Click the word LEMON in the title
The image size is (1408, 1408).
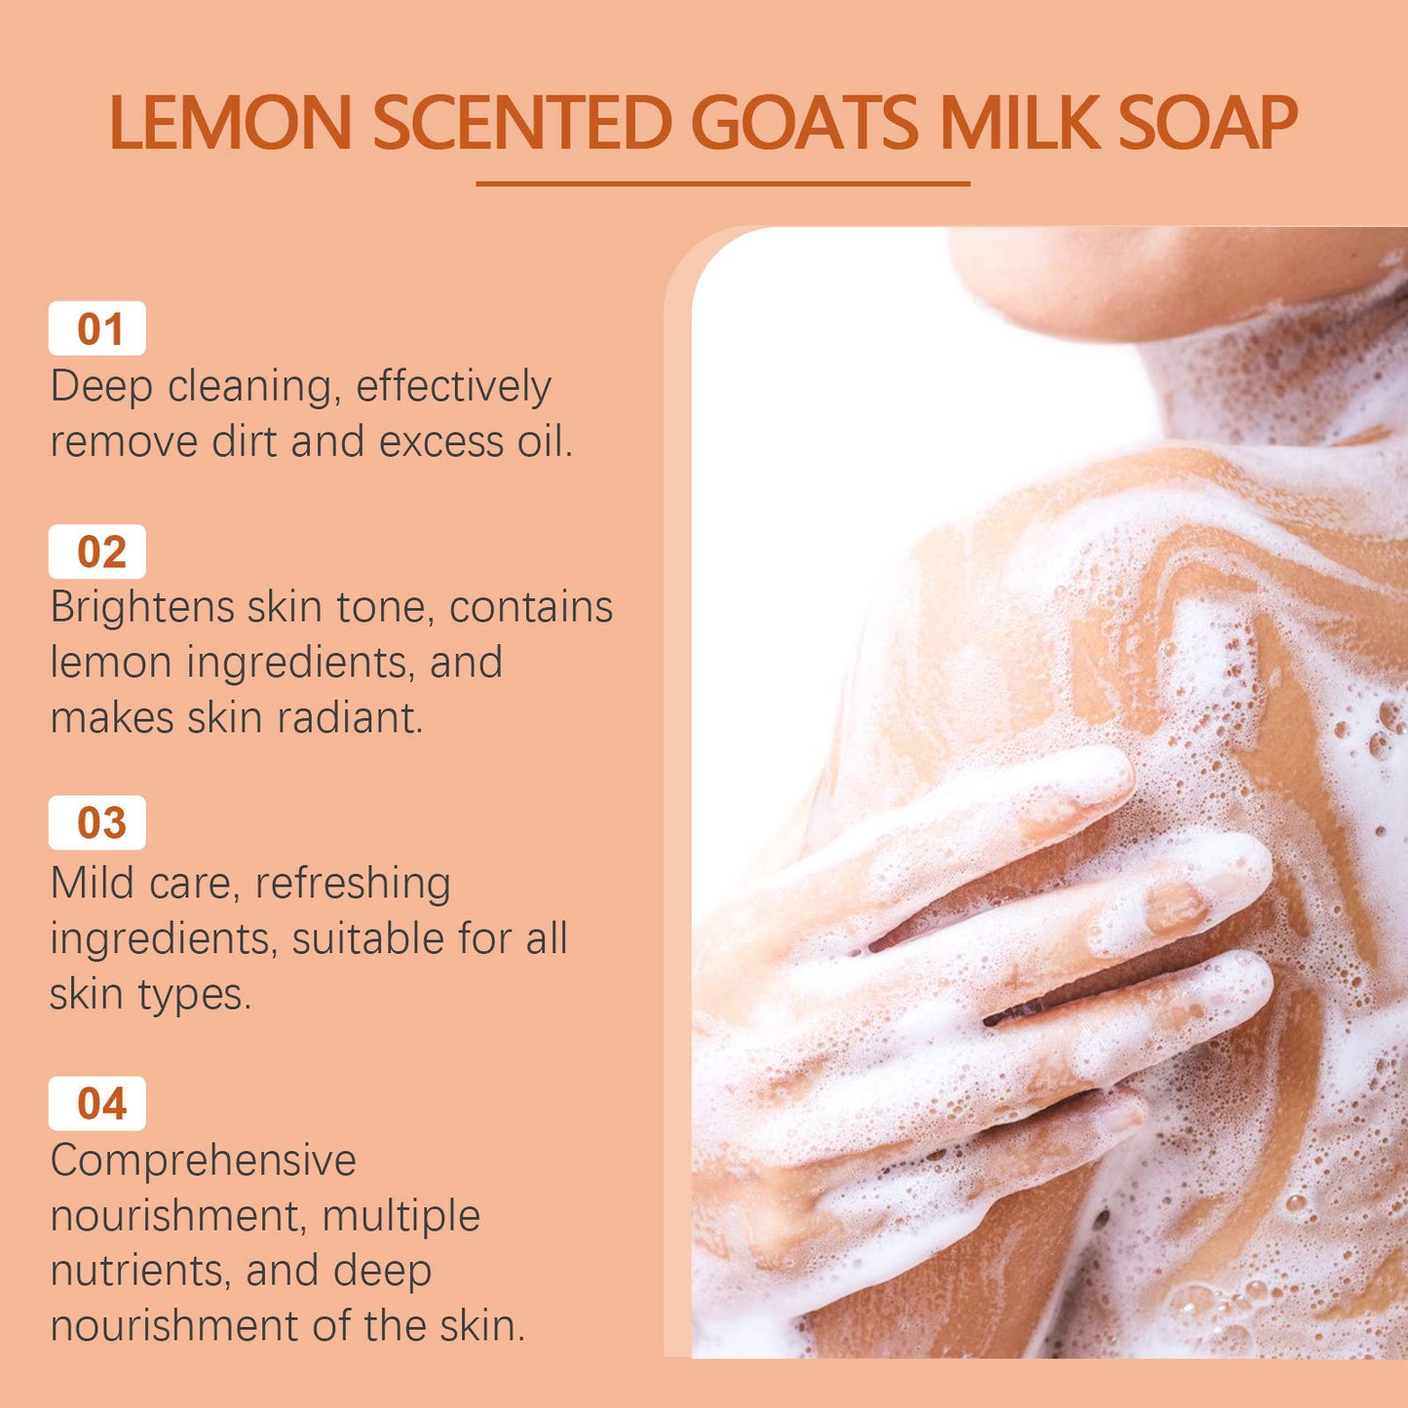pyautogui.click(x=230, y=124)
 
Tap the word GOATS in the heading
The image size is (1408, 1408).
pyautogui.click(x=805, y=124)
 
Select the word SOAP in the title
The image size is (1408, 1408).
pyautogui.click(x=1207, y=124)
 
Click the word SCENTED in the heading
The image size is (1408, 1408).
pyautogui.click(x=522, y=124)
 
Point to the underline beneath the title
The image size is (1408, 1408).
pyautogui.click(x=723, y=183)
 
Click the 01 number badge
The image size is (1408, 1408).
pyautogui.click(x=97, y=329)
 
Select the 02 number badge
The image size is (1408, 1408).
pyautogui.click(x=97, y=552)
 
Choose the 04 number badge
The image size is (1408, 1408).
pyautogui.click(x=97, y=1104)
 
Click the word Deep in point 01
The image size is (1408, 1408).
pyautogui.click(x=101, y=387)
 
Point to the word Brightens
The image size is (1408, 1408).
pyautogui.click(x=141, y=608)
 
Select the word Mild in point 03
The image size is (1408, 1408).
pyautogui.click(x=93, y=884)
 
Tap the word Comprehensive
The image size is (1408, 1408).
pyautogui.click(x=203, y=1161)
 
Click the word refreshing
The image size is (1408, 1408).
pyautogui.click(x=353, y=884)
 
